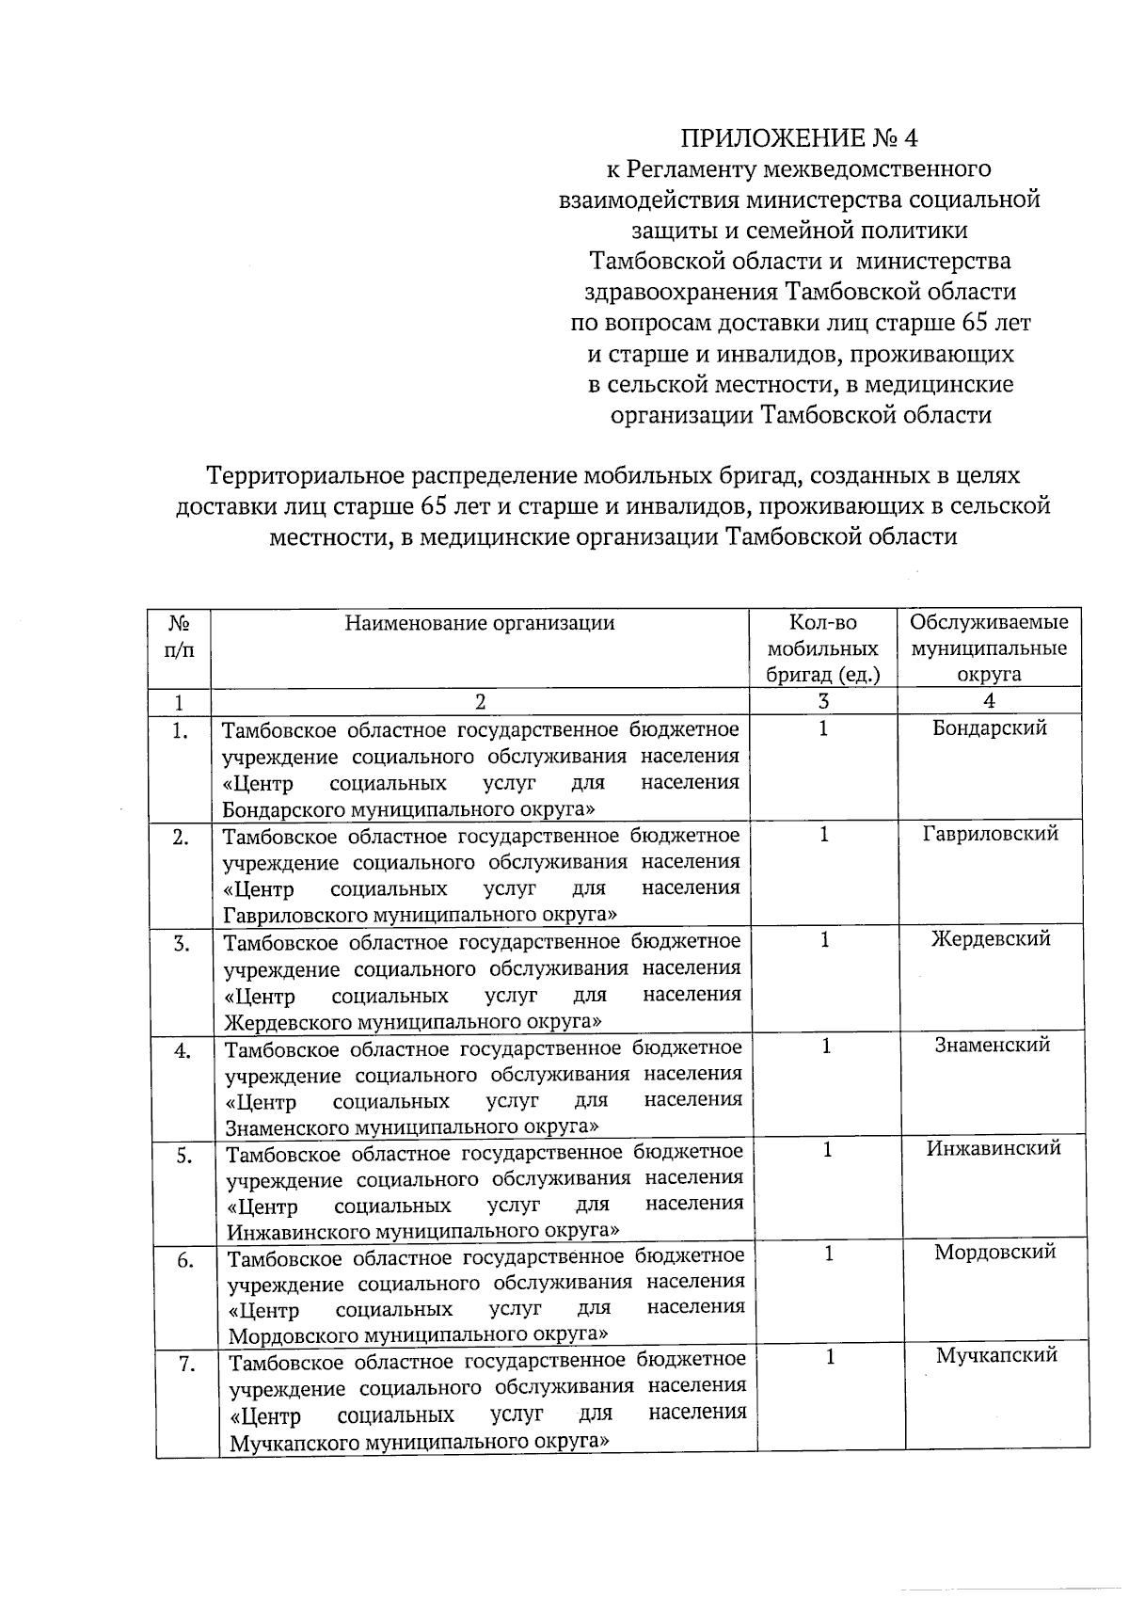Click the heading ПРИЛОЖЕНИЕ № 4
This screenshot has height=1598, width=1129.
[x=800, y=138]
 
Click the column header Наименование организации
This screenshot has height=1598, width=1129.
[x=480, y=622]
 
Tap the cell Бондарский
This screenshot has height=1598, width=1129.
[x=990, y=727]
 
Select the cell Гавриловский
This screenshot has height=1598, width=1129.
[x=991, y=833]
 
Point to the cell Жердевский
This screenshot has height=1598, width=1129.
[x=991, y=938]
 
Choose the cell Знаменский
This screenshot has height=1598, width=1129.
[x=992, y=1044]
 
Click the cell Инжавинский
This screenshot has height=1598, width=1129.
[x=994, y=1147]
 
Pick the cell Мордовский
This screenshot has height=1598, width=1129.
[x=994, y=1252]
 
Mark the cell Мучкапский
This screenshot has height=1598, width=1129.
[x=996, y=1355]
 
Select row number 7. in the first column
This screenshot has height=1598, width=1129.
[x=187, y=1365]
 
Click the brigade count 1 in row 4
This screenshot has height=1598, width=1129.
[x=826, y=1046]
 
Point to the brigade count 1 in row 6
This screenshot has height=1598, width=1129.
[x=829, y=1254]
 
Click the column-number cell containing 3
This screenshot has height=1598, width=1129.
[x=823, y=701]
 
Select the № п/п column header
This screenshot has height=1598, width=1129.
[x=180, y=636]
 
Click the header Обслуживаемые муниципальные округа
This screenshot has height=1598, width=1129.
[x=989, y=647]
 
